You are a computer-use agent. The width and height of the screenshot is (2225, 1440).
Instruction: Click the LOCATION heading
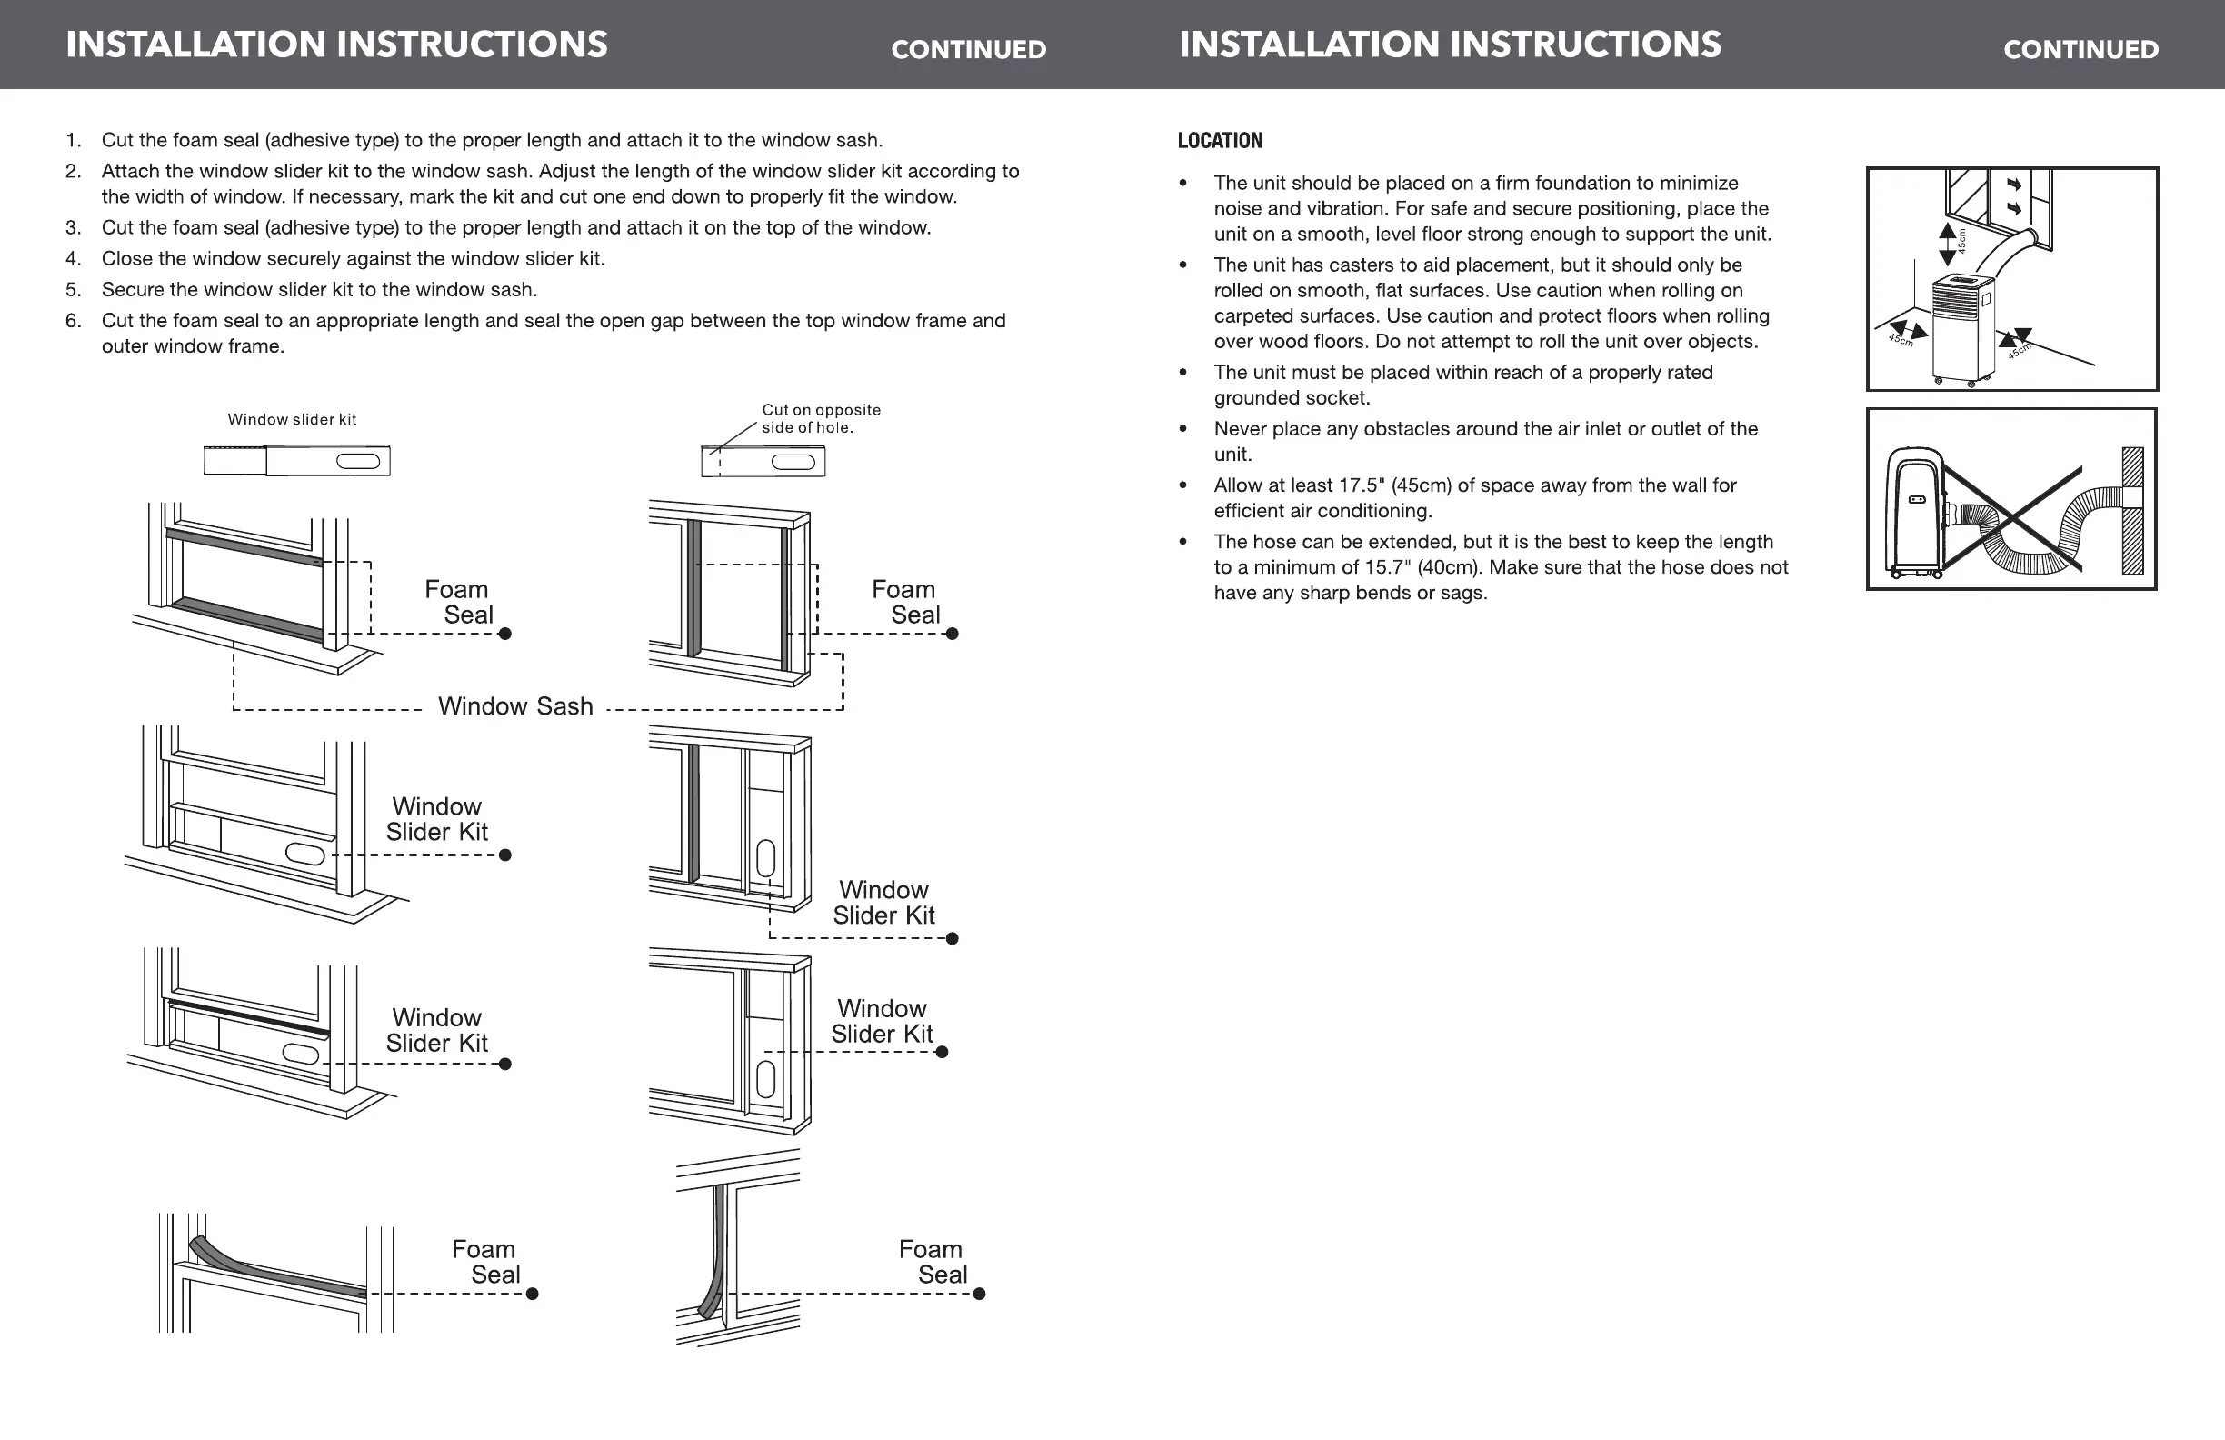click(x=1219, y=140)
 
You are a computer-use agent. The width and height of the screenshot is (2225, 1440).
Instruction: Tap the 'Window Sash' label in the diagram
click(x=515, y=706)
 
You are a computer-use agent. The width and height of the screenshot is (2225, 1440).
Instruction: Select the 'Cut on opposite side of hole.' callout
click(x=821, y=419)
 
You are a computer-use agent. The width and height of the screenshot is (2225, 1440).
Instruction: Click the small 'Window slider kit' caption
click(x=292, y=420)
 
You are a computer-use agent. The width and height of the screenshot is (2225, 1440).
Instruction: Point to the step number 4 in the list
click(x=73, y=259)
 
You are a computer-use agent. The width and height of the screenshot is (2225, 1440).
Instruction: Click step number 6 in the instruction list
click(x=73, y=321)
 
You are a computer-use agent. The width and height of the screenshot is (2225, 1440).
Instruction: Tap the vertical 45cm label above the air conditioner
click(x=1962, y=241)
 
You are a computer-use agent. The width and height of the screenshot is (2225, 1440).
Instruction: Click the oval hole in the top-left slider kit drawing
click(x=358, y=461)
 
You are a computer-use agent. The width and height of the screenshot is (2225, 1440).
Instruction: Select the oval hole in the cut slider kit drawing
click(x=793, y=462)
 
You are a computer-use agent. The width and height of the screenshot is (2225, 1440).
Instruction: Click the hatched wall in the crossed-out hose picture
click(x=2132, y=511)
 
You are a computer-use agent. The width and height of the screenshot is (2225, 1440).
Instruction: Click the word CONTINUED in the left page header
click(x=969, y=50)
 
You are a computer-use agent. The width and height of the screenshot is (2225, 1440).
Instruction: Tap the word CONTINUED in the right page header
click(x=2081, y=50)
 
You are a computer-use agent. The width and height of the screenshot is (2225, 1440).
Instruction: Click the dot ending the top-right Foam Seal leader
click(x=952, y=634)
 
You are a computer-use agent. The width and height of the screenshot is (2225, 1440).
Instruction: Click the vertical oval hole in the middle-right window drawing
click(x=765, y=858)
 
